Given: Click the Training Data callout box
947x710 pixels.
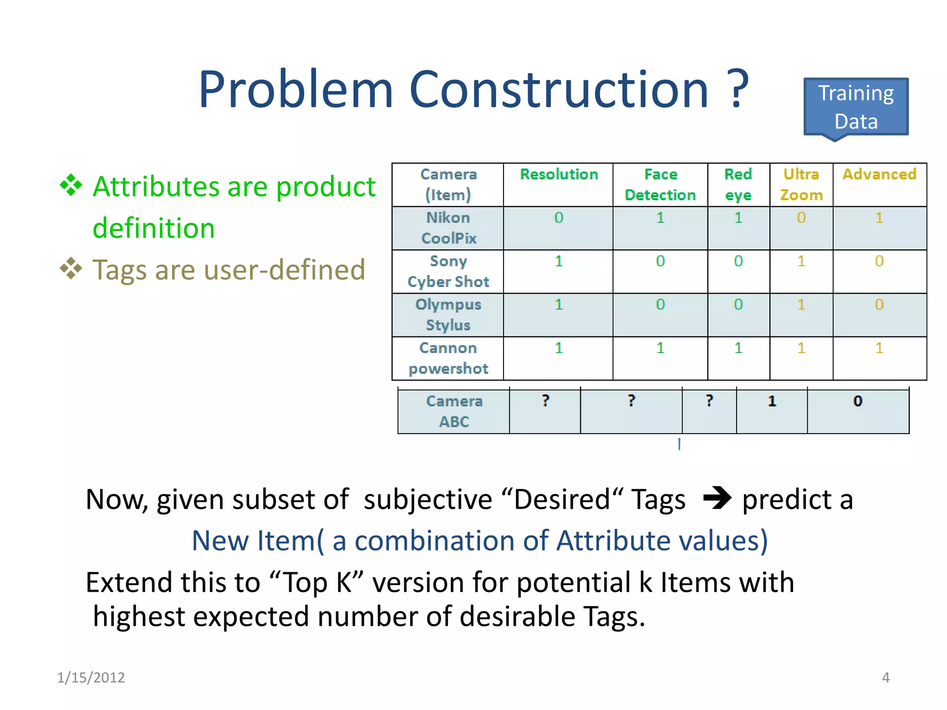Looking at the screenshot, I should click(x=856, y=107).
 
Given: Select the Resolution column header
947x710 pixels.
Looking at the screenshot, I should click(x=559, y=174).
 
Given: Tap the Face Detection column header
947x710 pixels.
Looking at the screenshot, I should click(x=660, y=184).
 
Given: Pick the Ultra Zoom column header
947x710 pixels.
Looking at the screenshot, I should click(x=801, y=184).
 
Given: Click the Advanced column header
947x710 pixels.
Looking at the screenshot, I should click(x=879, y=174).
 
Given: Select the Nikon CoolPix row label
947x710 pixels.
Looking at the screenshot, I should click(x=448, y=228).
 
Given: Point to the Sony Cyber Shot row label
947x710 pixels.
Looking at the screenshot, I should click(x=448, y=271).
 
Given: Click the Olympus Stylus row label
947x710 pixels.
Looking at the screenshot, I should click(x=448, y=315).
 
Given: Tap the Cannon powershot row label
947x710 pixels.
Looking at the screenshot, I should click(x=448, y=358).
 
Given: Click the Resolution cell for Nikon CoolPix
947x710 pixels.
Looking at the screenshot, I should click(x=559, y=218).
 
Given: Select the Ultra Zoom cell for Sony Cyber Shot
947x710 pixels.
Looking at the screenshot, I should click(x=801, y=261).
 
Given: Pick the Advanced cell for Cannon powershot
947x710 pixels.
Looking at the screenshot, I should click(x=879, y=348).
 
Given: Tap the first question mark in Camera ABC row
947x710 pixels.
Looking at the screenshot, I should click(x=546, y=400).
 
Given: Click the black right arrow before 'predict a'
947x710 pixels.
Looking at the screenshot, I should click(x=717, y=499).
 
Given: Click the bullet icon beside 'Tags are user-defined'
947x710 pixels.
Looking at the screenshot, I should click(x=71, y=269).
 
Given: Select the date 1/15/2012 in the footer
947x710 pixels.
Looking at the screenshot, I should click(x=91, y=678).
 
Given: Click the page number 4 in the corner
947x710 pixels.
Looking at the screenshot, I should click(x=886, y=678).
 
